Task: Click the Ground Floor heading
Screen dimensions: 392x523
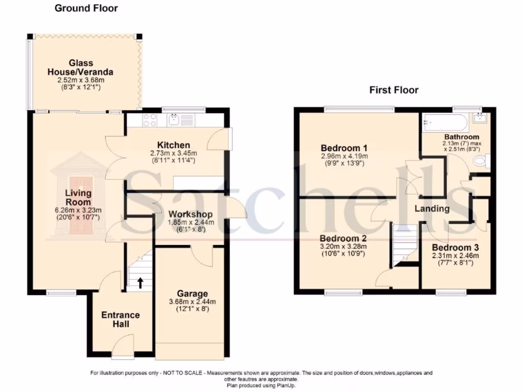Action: pyautogui.click(x=86, y=8)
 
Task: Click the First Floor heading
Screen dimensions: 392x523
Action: pyautogui.click(x=394, y=90)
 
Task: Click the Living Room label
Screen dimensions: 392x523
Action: pyautogui.click(x=78, y=198)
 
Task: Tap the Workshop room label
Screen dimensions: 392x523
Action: pyautogui.click(x=190, y=214)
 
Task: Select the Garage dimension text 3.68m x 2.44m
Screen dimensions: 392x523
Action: pyautogui.click(x=192, y=302)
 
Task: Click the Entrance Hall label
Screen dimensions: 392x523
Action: pyautogui.click(x=120, y=320)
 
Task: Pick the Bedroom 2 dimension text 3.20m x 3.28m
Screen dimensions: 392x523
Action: pyautogui.click(x=343, y=247)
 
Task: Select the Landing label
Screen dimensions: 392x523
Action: pyautogui.click(x=432, y=208)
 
